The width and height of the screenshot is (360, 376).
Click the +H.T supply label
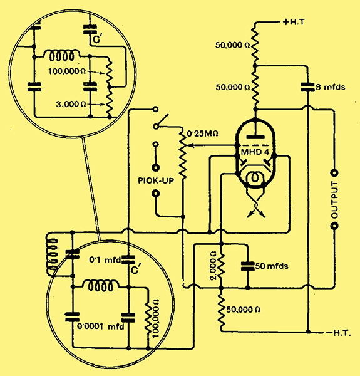click(294, 22)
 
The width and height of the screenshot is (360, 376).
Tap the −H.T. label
click(339, 333)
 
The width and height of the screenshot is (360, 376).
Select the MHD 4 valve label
click(255, 152)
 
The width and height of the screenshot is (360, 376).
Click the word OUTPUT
click(334, 200)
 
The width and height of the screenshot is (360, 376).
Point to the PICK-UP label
click(156, 180)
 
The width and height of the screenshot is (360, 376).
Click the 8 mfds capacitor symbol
click(307, 87)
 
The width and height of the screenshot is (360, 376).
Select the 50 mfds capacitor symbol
click(248, 266)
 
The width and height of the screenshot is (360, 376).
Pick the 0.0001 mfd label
click(101, 326)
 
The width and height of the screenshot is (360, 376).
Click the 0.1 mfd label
click(105, 259)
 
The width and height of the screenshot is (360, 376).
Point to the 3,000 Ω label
click(71, 104)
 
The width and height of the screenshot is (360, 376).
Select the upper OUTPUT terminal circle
click(334, 173)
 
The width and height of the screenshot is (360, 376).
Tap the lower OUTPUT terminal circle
click(334, 226)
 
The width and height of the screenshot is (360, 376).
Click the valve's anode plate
click(255, 137)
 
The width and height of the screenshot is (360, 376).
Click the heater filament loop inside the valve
click(255, 179)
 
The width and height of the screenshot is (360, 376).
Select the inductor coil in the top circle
click(61, 55)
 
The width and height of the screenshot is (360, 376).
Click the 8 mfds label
click(331, 87)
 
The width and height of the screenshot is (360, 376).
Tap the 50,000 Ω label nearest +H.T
click(232, 45)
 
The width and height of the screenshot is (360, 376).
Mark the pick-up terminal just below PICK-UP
click(156, 193)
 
